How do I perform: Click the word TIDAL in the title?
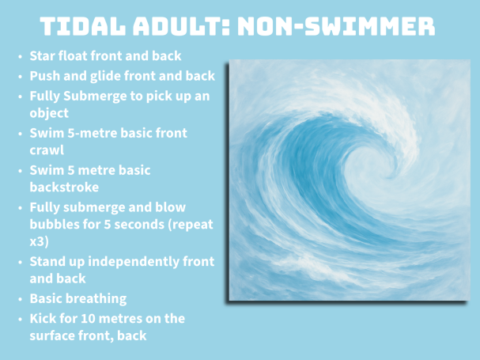pyautogui.click(x=83, y=26)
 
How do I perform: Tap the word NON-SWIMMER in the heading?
pyautogui.click(x=336, y=26)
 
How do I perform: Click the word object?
pyautogui.click(x=49, y=113)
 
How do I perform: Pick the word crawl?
pyautogui.click(x=47, y=150)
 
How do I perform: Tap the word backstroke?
pyautogui.click(x=64, y=188)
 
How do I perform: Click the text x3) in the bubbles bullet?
pyautogui.click(x=40, y=242)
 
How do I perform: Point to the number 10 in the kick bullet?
pyautogui.click(x=88, y=319)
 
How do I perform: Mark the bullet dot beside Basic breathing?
pyautogui.click(x=21, y=299)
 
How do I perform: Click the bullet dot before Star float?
pyautogui.click(x=21, y=57)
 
